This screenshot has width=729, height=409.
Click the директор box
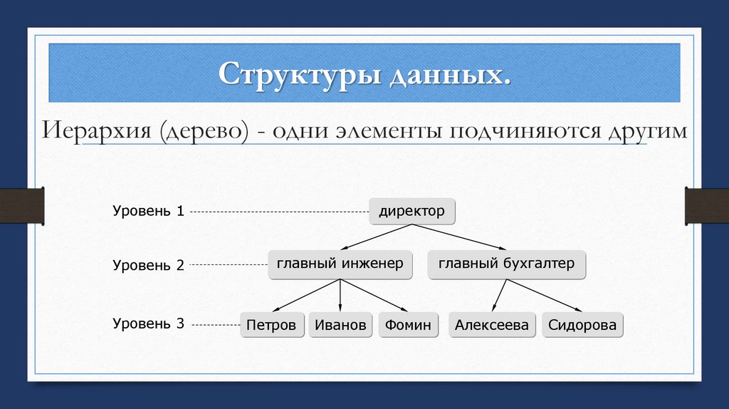[x=411, y=212]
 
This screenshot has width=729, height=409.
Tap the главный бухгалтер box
[x=506, y=264]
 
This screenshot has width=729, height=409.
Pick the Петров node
[x=271, y=326]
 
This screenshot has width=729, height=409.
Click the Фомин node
[x=408, y=326]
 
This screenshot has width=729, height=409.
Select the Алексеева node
[x=492, y=326]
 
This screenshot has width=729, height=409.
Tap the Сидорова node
[x=582, y=326]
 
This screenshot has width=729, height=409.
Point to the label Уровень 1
[x=148, y=212]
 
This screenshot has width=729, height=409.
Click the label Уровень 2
[x=148, y=265]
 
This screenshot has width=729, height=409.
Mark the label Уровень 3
[x=148, y=323]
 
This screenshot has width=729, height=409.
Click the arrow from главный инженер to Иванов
[x=340, y=296]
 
